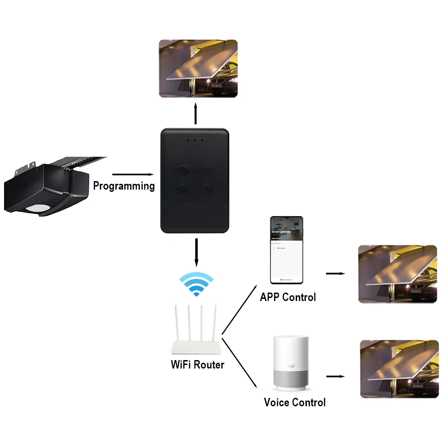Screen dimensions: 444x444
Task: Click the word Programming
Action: (124, 186)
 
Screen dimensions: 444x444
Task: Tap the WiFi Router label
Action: (198, 365)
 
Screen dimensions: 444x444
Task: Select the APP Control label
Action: (288, 297)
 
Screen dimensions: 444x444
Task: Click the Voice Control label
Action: (294, 403)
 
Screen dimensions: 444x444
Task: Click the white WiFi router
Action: (196, 331)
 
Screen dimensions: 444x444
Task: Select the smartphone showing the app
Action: (287, 250)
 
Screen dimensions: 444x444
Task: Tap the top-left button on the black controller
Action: (182, 170)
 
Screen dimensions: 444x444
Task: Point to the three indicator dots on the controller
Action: (195, 140)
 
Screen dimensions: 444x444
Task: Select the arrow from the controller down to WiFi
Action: (196, 252)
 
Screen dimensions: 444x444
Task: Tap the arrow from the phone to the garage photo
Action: (335, 274)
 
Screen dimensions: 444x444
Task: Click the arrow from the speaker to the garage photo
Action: (335, 377)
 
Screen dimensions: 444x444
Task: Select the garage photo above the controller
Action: (198, 68)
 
